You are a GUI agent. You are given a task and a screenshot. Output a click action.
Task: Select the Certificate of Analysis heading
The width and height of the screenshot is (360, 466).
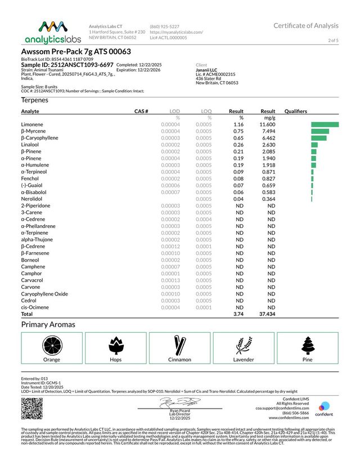pos(306,26)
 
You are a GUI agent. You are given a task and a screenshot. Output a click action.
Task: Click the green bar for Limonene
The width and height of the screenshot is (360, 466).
pos(325,124)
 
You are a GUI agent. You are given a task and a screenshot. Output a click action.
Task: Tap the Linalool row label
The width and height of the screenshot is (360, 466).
pos(30,145)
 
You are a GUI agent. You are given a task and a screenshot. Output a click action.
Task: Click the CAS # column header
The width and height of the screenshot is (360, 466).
pos(141,111)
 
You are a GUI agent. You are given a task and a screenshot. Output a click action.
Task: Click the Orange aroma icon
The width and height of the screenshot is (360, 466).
pos(51,344)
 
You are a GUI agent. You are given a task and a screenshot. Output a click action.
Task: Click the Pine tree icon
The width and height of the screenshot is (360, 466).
pos(308,344)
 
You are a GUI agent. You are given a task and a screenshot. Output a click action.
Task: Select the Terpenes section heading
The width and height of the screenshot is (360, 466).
pos(34,100)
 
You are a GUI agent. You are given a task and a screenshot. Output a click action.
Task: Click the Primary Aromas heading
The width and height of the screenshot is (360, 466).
pos(48,325)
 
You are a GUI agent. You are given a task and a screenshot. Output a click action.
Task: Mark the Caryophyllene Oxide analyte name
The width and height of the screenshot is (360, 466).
pos(44,294)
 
